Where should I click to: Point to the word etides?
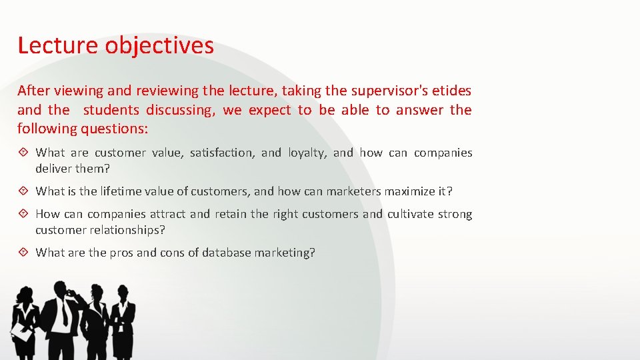(x=450, y=90)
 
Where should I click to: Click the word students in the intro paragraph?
(x=111, y=109)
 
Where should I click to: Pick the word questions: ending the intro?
(x=115, y=127)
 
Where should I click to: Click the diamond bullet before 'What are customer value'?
(x=24, y=153)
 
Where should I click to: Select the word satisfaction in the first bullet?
(x=221, y=153)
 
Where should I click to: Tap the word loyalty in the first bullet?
(x=307, y=153)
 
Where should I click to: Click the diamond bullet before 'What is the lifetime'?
(x=24, y=191)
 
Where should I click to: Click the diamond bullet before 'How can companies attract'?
(x=24, y=214)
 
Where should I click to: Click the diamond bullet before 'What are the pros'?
(x=24, y=253)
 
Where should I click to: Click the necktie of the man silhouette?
(x=65, y=313)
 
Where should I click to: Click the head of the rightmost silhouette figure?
(x=123, y=293)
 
